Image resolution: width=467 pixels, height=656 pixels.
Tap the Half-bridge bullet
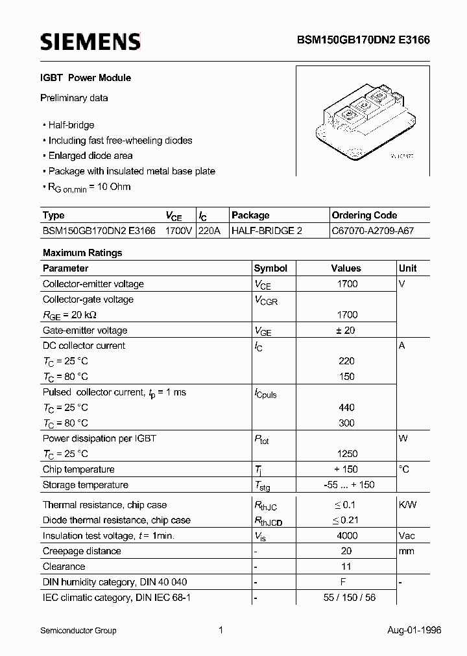pyautogui.click(x=71, y=125)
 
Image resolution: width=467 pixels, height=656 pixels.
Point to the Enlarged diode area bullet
pyautogui.click(x=90, y=156)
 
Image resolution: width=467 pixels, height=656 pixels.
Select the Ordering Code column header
pyautogui.click(x=364, y=215)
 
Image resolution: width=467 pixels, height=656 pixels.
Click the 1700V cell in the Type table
pyautogui.click(x=178, y=231)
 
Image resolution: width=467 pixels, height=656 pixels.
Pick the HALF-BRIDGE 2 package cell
pyautogui.click(x=267, y=231)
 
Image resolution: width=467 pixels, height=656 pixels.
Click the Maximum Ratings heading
pyautogui.click(x=82, y=253)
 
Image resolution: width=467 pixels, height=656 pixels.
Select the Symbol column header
pyautogui.click(x=270, y=268)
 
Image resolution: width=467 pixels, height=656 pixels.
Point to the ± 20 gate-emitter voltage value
pyautogui.click(x=346, y=331)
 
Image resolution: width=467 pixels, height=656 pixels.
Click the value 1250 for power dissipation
pyautogui.click(x=346, y=454)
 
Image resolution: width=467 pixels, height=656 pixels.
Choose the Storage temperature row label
pyautogui.click(x=85, y=485)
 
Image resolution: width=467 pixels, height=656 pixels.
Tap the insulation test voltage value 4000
pyautogui.click(x=346, y=536)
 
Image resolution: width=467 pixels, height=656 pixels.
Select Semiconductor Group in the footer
pyautogui.click(x=78, y=630)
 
